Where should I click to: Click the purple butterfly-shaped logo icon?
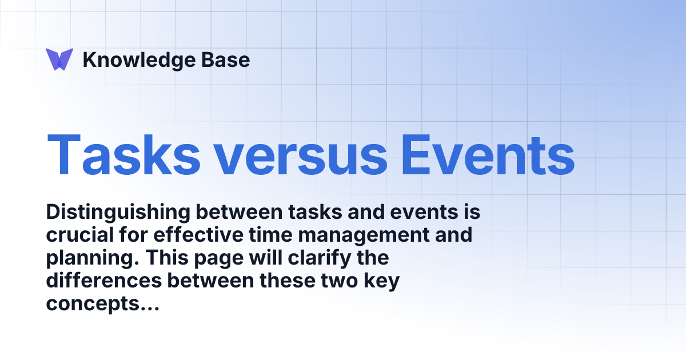point(59,59)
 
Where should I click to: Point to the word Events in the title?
point(487,154)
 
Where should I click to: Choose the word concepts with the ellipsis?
point(102,305)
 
